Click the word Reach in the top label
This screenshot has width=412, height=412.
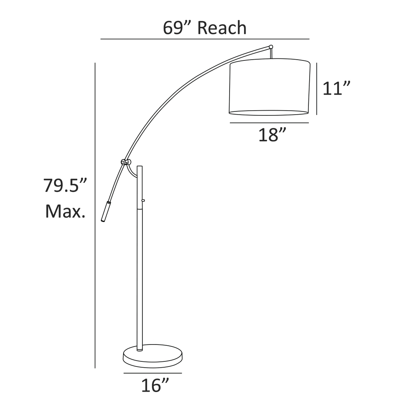click(x=222, y=28)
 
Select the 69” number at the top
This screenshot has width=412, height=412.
click(x=176, y=28)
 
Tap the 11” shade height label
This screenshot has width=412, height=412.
click(x=336, y=88)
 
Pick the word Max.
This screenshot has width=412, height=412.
click(x=65, y=212)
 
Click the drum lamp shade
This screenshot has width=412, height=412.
click(x=269, y=87)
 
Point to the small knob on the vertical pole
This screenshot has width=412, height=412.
click(x=143, y=201)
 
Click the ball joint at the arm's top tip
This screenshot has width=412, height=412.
click(x=271, y=47)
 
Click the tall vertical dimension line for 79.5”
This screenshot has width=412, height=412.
click(x=95, y=275)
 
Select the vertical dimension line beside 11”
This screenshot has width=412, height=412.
click(x=317, y=88)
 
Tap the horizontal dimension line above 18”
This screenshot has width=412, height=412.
click(x=269, y=123)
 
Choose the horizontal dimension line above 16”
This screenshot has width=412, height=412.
click(x=153, y=373)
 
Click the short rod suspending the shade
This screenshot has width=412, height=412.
click(x=271, y=54)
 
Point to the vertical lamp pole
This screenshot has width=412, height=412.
click(x=140, y=275)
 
